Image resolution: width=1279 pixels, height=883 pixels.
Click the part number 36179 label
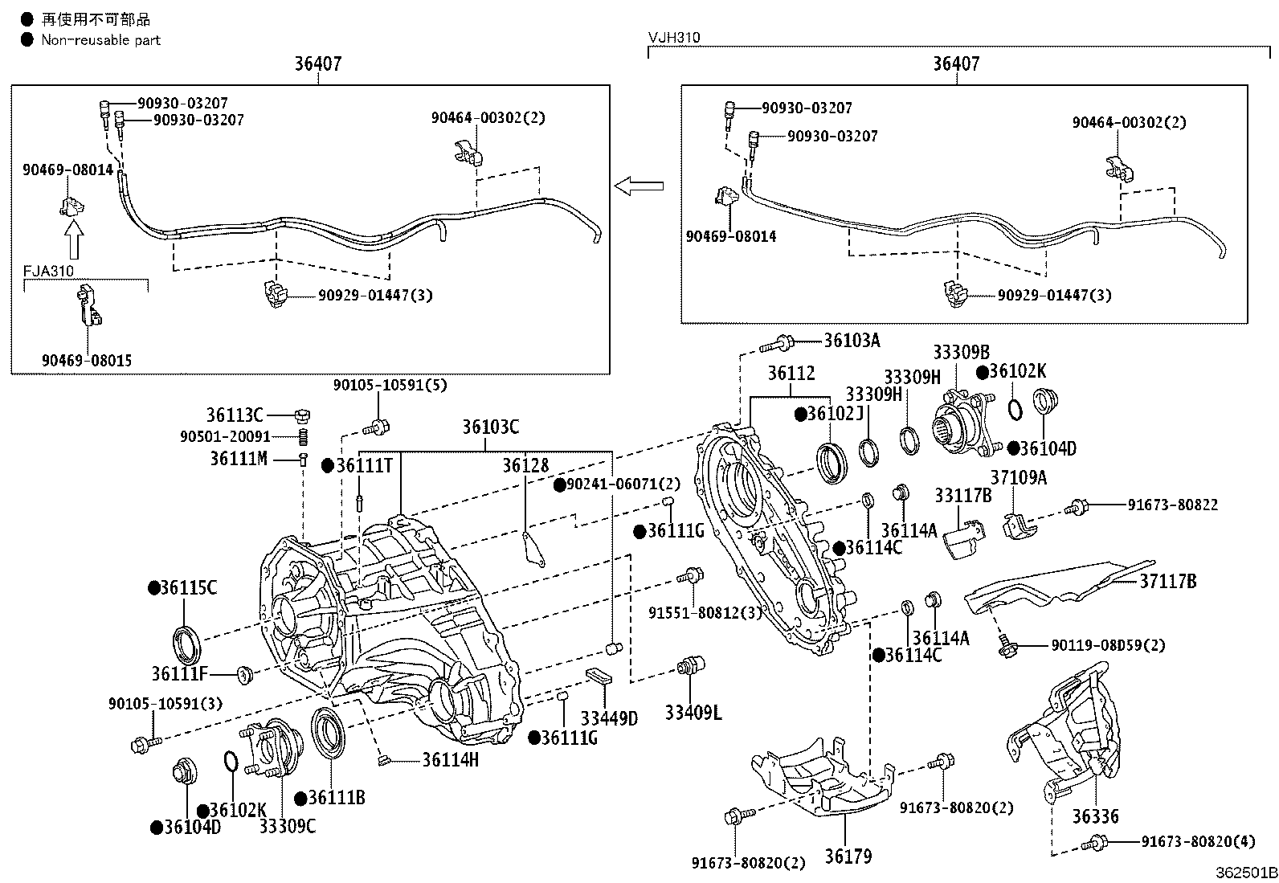[848, 856]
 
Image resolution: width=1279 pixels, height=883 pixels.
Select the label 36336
[1095, 817]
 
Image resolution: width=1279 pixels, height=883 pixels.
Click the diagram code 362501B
[1245, 873]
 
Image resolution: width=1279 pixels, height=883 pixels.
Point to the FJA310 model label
[48, 272]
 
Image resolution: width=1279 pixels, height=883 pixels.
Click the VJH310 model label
[674, 38]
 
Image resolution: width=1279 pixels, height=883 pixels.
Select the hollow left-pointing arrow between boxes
[639, 186]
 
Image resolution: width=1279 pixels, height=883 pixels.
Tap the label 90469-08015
[87, 361]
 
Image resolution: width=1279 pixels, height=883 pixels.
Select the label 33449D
[608, 718]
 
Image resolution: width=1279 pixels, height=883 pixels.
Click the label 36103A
[852, 341]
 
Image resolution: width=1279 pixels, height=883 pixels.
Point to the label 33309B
[961, 352]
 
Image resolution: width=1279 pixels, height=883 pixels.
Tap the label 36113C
[235, 415]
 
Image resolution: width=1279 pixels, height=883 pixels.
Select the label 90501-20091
[225, 436]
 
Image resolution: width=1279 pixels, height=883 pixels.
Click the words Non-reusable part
[100, 39]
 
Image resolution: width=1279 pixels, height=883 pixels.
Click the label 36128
[525, 465]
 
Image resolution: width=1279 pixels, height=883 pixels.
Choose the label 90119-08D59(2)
[1108, 645]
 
